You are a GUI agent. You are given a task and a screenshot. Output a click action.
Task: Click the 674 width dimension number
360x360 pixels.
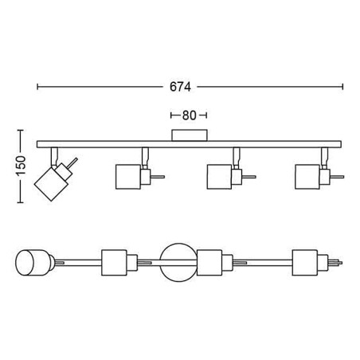[x=180, y=87]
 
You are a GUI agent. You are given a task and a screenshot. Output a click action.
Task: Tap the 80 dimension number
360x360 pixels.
[x=189, y=115]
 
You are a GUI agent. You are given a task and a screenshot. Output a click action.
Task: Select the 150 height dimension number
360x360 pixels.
[x=21, y=166]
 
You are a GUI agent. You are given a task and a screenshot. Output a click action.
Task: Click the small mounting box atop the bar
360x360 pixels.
[x=190, y=135]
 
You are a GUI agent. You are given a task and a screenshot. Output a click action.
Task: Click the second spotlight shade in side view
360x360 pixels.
[x=128, y=177]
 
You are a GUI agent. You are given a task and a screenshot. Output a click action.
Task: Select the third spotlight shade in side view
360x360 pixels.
[x=220, y=177]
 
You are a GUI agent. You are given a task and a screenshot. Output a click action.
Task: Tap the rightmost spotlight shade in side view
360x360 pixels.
[x=307, y=177]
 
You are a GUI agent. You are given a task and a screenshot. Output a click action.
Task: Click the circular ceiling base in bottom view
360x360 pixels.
[x=178, y=263]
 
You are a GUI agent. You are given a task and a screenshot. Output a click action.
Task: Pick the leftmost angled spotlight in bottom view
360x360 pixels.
[x=33, y=263]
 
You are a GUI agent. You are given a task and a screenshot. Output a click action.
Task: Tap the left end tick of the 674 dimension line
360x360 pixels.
[x=37, y=87]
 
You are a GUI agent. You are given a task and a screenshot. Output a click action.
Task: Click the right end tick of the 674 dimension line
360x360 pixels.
[x=342, y=87]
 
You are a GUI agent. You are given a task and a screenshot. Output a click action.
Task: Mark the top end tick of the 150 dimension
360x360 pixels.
[x=20, y=130]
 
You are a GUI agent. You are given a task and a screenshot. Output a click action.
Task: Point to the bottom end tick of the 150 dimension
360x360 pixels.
[x=20, y=202]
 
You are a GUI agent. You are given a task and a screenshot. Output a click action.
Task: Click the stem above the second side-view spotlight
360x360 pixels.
[x=145, y=158]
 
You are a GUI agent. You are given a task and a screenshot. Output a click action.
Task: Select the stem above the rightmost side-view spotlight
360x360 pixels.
[x=324, y=158]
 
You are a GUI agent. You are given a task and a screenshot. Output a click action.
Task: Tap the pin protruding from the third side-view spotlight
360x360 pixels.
[x=248, y=177]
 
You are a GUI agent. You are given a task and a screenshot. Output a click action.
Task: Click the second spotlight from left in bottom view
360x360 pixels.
[x=119, y=263]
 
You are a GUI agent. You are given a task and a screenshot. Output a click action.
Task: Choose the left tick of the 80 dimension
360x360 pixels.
[x=171, y=115]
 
